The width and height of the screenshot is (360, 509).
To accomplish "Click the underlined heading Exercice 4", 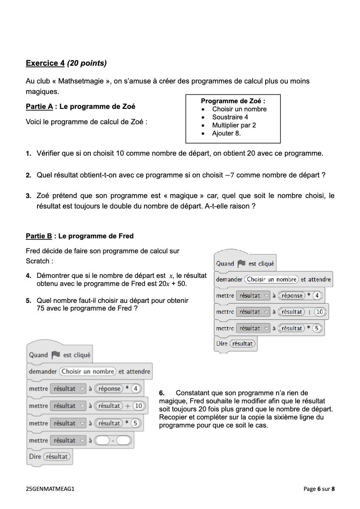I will pyautogui.click(x=45, y=63).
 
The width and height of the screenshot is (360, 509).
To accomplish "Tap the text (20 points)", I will pyautogui.click(x=87, y=63).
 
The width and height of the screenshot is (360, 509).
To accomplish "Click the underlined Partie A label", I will pyautogui.click(x=39, y=106).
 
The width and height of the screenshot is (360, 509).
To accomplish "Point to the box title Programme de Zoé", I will pyautogui.click(x=233, y=101).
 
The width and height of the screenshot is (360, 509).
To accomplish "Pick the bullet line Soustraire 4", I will pyautogui.click(x=230, y=117).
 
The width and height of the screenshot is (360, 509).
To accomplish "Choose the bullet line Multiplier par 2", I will pyautogui.click(x=234, y=125).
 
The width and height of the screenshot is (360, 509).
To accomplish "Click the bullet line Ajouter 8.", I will pyautogui.click(x=226, y=134).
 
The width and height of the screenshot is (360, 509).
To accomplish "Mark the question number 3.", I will pyautogui.click(x=29, y=196).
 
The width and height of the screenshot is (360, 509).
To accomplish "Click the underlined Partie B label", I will pyautogui.click(x=39, y=236).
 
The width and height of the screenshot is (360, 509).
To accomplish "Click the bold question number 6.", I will pyautogui.click(x=161, y=393).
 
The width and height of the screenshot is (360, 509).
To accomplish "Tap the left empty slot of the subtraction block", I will pyautogui.click(x=103, y=440).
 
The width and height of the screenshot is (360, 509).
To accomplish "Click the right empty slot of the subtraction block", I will pyautogui.click(x=124, y=440).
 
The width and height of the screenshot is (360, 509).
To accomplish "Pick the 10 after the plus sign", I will pyautogui.click(x=138, y=406).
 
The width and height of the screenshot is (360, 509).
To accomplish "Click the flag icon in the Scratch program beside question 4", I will pyautogui.click(x=241, y=263).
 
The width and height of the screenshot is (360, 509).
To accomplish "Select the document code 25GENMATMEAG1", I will pyautogui.click(x=50, y=489).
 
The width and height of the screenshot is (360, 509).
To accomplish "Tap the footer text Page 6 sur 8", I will pyautogui.click(x=319, y=489).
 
